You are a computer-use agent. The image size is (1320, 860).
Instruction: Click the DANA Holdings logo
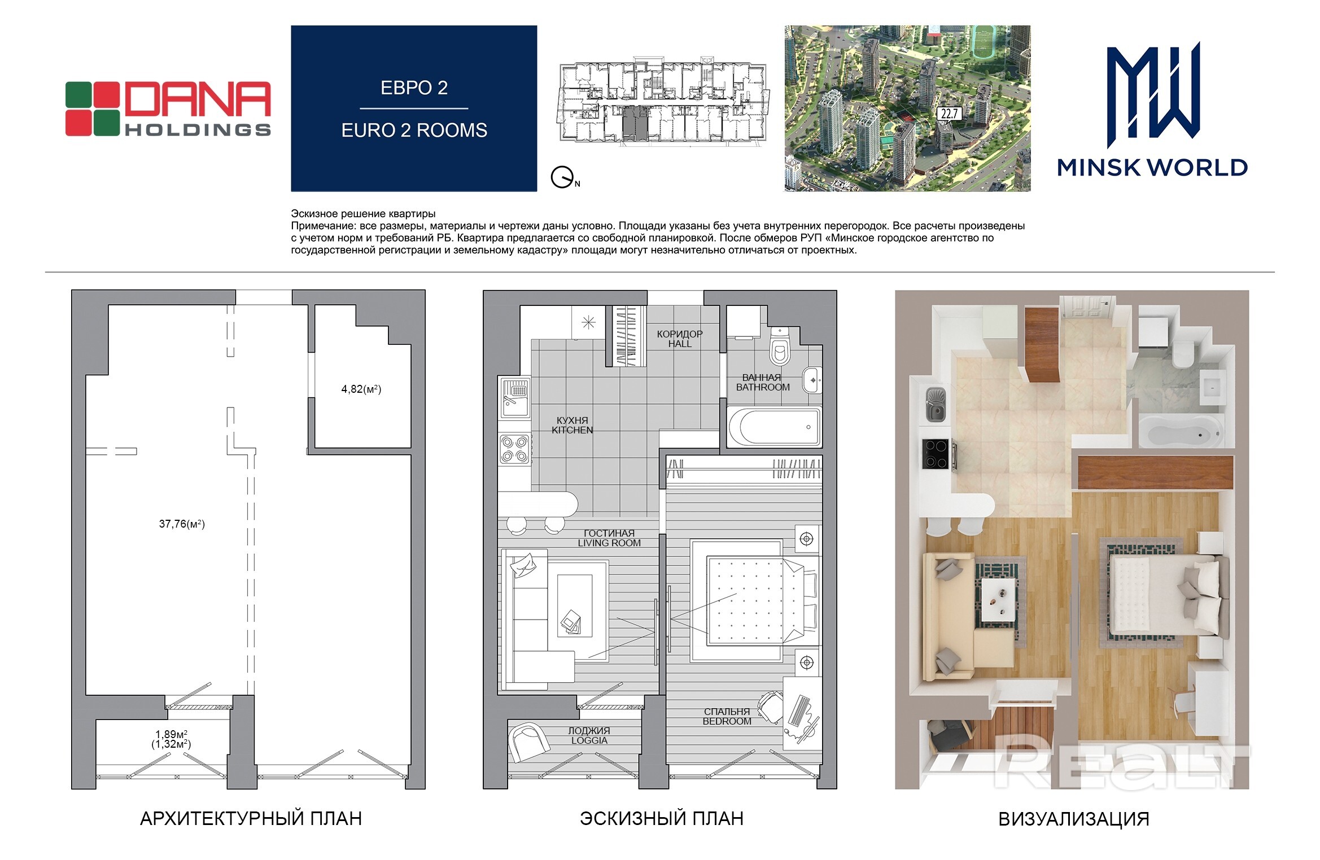(168, 109)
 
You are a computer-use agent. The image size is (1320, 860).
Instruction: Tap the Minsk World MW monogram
(1153, 95)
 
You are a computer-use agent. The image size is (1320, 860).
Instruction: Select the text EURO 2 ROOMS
(414, 130)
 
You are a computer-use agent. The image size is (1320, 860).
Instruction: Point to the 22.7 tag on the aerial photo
(949, 113)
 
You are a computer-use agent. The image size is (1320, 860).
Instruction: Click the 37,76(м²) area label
(182, 524)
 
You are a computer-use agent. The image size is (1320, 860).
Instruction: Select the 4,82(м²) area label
(361, 389)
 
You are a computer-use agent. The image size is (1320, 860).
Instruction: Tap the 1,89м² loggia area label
(172, 734)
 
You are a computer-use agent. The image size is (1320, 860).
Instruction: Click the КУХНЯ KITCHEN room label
(572, 425)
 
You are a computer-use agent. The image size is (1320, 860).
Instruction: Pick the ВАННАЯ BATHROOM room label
(763, 382)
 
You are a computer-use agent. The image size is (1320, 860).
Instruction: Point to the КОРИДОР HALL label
(680, 339)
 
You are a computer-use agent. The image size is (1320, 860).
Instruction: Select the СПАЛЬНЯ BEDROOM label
(727, 716)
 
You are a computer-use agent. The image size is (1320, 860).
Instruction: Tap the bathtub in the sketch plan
(773, 427)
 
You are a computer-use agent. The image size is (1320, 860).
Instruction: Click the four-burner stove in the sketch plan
(515, 449)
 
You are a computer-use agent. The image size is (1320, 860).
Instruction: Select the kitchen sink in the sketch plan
(515, 397)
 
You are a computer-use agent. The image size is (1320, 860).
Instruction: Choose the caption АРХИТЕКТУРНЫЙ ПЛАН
(251, 818)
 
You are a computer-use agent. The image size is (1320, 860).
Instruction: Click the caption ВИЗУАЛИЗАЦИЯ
(1074, 819)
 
